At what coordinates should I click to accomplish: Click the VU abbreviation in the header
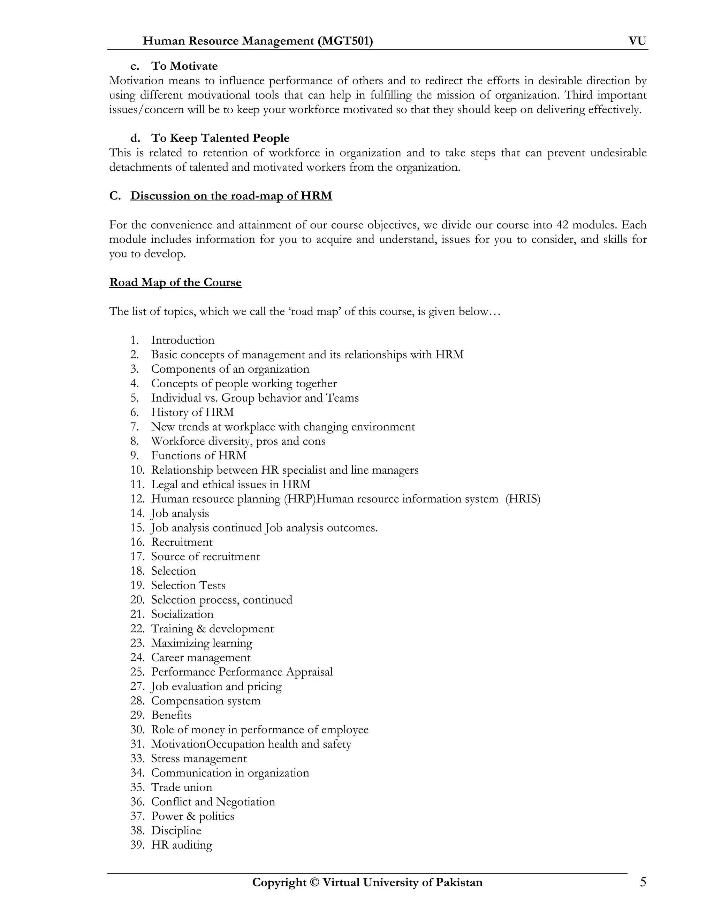pyautogui.click(x=637, y=41)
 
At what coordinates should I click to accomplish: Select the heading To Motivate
pyautogui.click(x=184, y=66)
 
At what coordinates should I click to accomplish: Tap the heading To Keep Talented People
pyautogui.click(x=220, y=138)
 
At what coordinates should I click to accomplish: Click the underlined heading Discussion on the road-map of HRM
pyautogui.click(x=231, y=196)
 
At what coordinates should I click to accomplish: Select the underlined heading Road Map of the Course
pyautogui.click(x=175, y=282)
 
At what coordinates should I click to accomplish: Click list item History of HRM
pyautogui.click(x=192, y=412)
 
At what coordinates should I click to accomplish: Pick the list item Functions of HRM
pyautogui.click(x=198, y=456)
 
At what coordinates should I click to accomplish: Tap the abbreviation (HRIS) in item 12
pyautogui.click(x=523, y=499)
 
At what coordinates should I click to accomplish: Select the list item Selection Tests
pyautogui.click(x=188, y=585)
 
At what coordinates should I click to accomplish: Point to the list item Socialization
pyautogui.click(x=182, y=614)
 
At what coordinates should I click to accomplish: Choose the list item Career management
pyautogui.click(x=200, y=658)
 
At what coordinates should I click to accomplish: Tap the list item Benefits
pyautogui.click(x=171, y=715)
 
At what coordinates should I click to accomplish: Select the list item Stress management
pyautogui.click(x=199, y=759)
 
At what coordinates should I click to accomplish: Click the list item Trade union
pyautogui.click(x=181, y=788)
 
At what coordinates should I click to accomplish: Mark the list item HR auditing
pyautogui.click(x=181, y=845)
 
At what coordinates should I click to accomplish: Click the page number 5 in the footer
pyautogui.click(x=643, y=883)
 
